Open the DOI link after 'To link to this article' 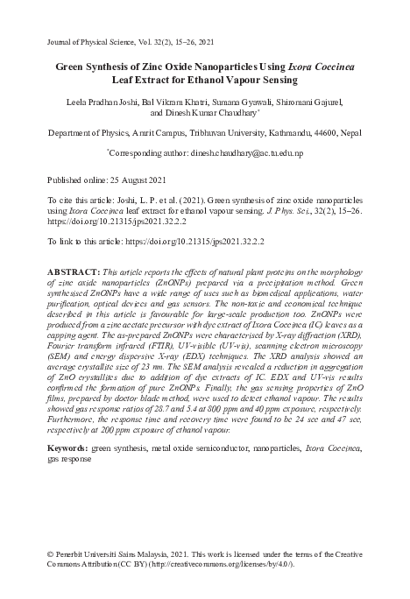click(x=201, y=238)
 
